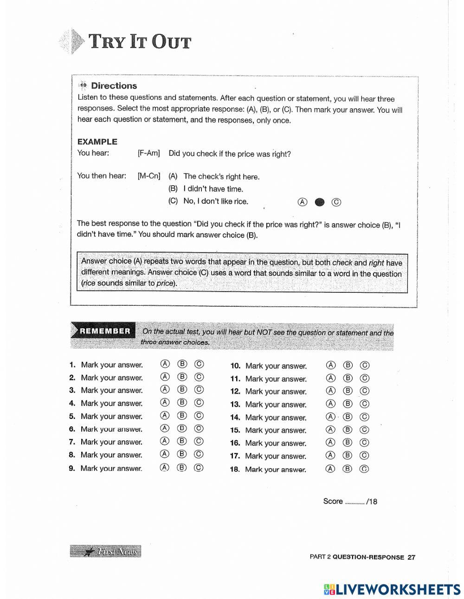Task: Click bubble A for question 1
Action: point(165,364)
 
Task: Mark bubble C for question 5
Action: point(199,416)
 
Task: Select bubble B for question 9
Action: point(182,467)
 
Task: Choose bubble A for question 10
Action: point(330,365)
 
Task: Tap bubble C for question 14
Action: point(365,417)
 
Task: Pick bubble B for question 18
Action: point(348,469)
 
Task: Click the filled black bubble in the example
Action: point(319,202)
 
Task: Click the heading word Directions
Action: point(114,85)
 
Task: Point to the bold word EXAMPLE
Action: point(97,142)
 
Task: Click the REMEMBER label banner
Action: point(105,331)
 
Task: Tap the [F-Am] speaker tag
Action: point(148,153)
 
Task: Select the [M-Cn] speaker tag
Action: point(149,176)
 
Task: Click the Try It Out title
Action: point(139,42)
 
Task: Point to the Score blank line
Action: point(355,502)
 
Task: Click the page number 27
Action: point(411,557)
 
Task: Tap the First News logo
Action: point(106,551)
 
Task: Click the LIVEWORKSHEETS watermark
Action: point(392,589)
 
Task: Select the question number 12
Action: point(235,391)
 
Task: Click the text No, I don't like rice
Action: point(216,201)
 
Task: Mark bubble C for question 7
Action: point(199,441)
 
